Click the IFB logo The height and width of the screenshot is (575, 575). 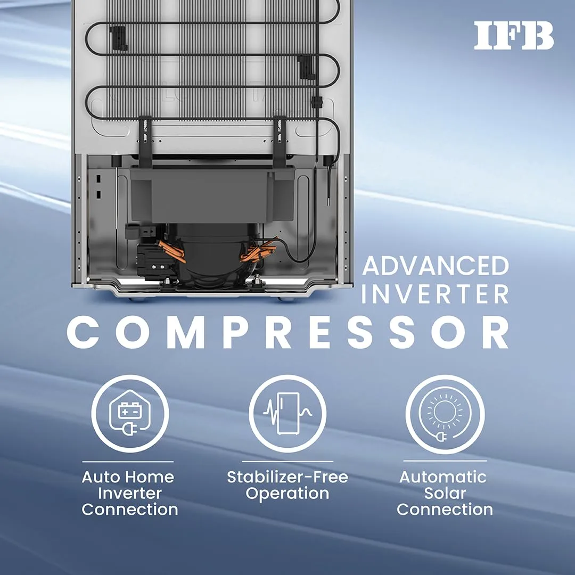(513, 35)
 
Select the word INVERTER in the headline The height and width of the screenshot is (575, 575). (436, 294)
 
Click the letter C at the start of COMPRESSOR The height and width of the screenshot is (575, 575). (83, 332)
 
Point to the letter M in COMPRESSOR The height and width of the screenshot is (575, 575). (186, 332)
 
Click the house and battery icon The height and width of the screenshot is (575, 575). (130, 413)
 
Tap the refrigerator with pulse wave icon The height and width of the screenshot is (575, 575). (287, 413)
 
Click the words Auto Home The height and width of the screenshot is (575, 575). (128, 477)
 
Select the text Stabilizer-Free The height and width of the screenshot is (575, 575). (287, 477)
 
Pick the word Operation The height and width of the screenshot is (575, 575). (287, 494)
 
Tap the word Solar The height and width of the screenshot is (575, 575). (445, 493)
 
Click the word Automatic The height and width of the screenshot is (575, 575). (443, 477)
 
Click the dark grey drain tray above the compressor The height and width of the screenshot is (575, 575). (212, 194)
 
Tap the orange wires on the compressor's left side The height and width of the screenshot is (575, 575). (171, 251)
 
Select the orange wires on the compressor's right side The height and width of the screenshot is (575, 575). (258, 249)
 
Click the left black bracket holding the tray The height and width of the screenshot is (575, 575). (145, 142)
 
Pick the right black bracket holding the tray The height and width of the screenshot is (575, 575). (280, 142)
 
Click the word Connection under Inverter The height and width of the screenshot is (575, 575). (130, 510)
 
